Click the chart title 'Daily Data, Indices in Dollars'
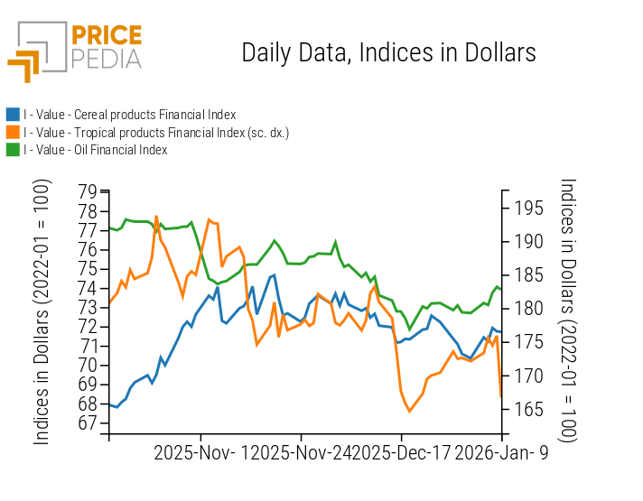click(x=388, y=52)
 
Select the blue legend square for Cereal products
click(x=13, y=115)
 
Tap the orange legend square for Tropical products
click(x=13, y=133)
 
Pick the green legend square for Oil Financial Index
click(x=13, y=150)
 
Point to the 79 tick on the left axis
click(x=88, y=191)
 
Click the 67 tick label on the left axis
click(x=88, y=423)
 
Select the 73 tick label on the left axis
click(x=88, y=308)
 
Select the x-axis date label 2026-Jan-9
click(x=500, y=452)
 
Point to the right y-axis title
click(x=567, y=309)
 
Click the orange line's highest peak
click(x=156, y=217)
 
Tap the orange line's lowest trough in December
click(x=409, y=412)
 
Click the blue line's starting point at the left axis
click(x=109, y=404)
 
